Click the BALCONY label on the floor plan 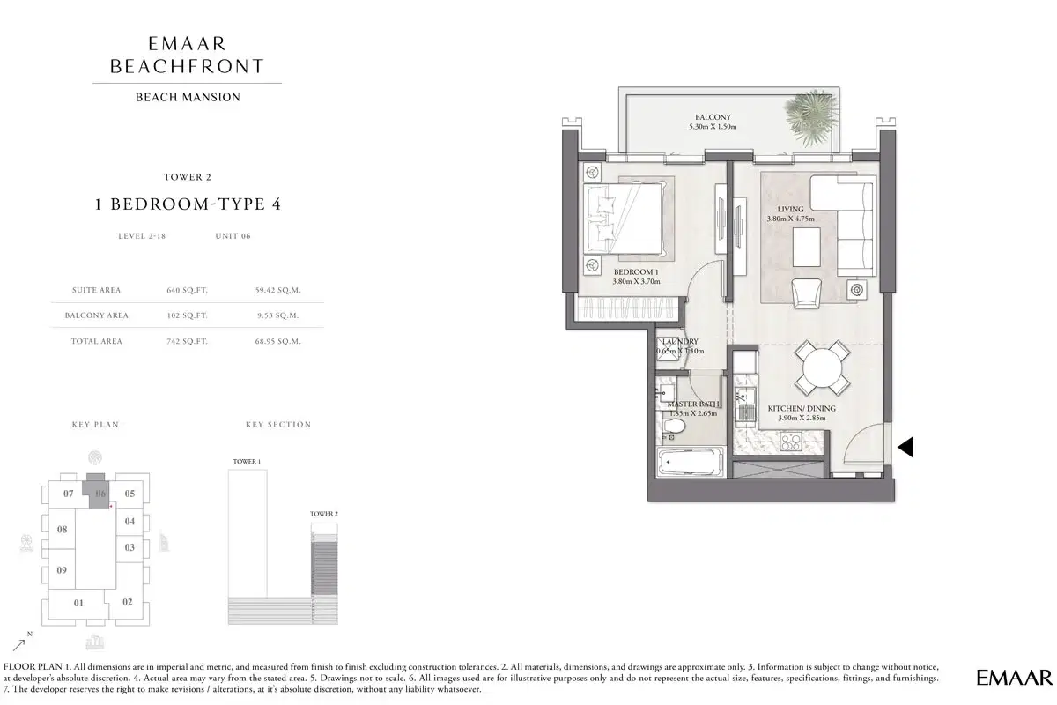click(713, 117)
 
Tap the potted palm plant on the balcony click(810, 112)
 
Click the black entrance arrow click(905, 448)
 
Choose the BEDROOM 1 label click(636, 272)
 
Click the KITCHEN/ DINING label click(801, 409)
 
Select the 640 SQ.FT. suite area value click(187, 289)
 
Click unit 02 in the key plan click(128, 602)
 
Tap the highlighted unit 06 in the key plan click(100, 493)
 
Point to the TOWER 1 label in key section click(246, 462)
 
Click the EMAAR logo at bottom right click(1014, 677)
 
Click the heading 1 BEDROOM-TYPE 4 click(188, 204)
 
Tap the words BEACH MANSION click(188, 97)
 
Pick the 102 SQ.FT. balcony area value click(187, 315)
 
